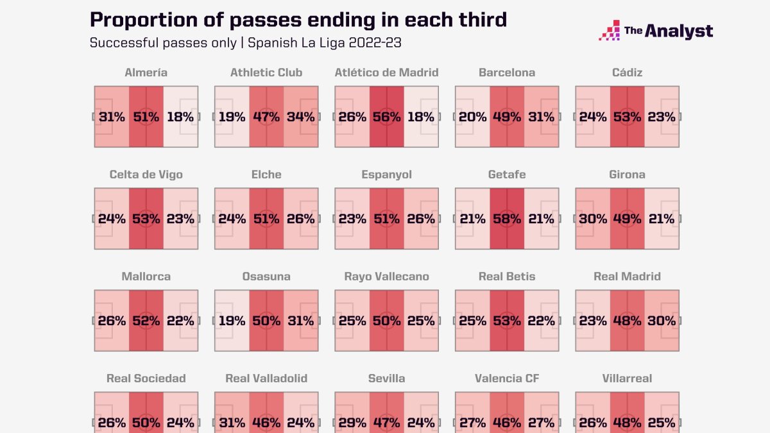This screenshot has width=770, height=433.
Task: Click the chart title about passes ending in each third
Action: [298, 20]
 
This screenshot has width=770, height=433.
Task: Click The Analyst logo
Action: [656, 31]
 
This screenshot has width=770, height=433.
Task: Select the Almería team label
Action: [146, 72]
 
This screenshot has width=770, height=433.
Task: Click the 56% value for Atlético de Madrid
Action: [386, 117]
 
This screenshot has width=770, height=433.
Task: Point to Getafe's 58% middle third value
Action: [506, 219]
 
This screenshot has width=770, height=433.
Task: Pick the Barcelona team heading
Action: [506, 72]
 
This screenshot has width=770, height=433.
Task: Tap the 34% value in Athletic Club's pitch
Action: [301, 117]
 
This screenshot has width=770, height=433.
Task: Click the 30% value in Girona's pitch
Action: [593, 219]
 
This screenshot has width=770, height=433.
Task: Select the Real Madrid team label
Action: [627, 276]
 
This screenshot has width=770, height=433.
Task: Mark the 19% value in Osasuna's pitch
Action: [231, 321]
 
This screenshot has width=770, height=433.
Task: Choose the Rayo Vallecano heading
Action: [386, 276]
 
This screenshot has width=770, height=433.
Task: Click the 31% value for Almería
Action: [112, 117]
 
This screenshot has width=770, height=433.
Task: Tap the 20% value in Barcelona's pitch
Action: [472, 117]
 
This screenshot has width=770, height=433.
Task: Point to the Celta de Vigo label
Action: [146, 174]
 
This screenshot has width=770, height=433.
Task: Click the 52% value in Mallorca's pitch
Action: [146, 321]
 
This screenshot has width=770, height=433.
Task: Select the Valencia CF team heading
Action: [506, 378]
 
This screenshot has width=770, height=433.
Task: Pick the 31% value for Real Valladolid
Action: [231, 423]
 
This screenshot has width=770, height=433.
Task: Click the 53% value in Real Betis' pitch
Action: [506, 321]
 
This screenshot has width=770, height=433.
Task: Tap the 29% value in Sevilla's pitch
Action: [352, 423]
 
